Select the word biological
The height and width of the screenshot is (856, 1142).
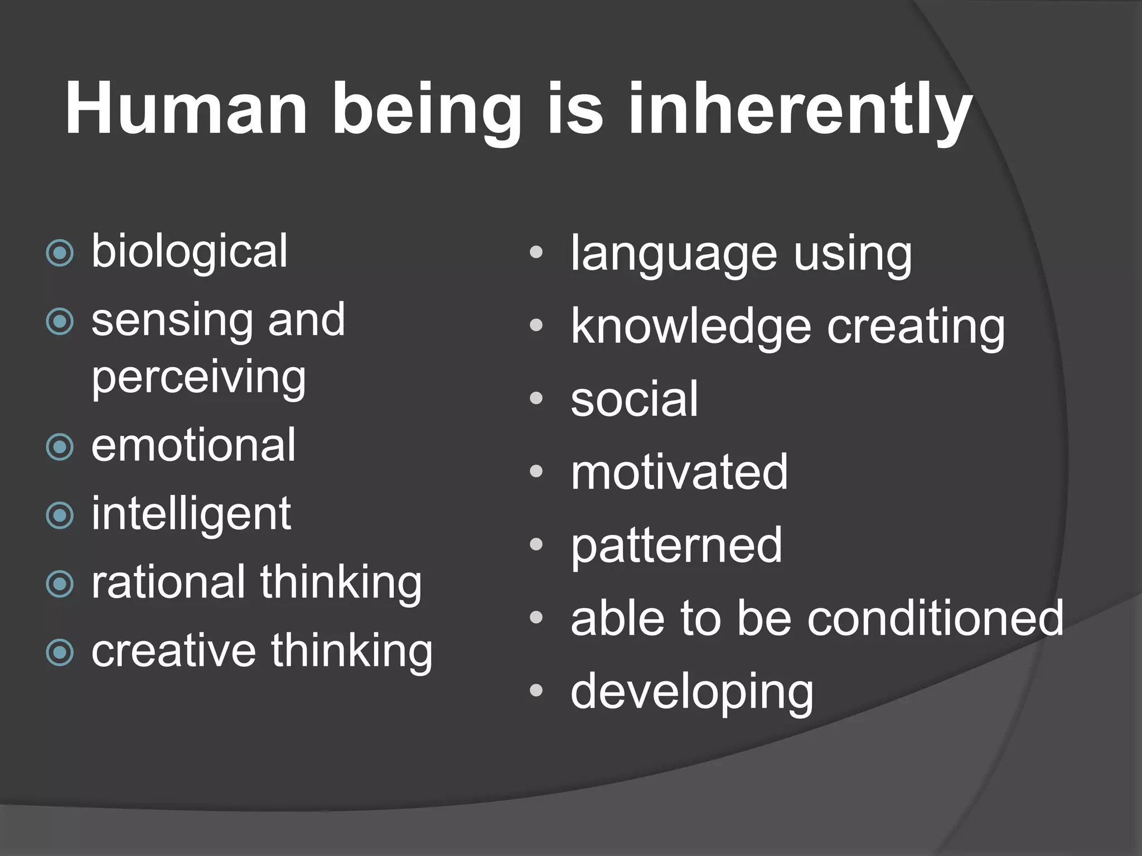click(x=190, y=252)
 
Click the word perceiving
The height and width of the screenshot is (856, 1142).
click(x=199, y=378)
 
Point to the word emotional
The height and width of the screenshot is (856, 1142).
click(x=193, y=446)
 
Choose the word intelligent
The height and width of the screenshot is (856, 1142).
click(x=191, y=514)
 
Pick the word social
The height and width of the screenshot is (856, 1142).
click(x=634, y=399)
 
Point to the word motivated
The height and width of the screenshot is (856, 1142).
click(x=679, y=473)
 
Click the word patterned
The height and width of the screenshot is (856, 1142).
click(x=676, y=546)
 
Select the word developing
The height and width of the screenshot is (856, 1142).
click(x=692, y=693)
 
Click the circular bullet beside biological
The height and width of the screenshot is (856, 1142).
click(x=60, y=254)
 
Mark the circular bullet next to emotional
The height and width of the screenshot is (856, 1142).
click(x=60, y=447)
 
